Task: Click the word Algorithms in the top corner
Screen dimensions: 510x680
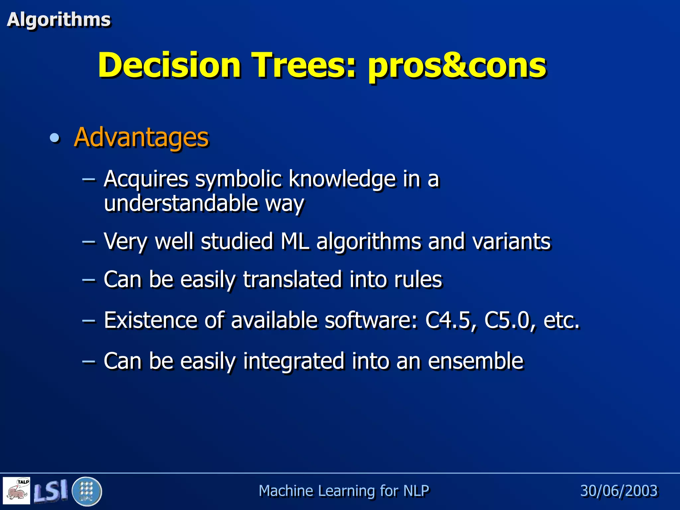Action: click(58, 20)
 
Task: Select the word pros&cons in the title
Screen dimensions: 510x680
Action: click(457, 66)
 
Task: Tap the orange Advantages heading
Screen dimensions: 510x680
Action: click(141, 137)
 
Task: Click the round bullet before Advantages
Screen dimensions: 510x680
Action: click(54, 137)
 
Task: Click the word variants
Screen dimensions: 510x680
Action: click(511, 241)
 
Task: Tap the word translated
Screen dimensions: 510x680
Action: click(292, 280)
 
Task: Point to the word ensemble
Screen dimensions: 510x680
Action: click(475, 361)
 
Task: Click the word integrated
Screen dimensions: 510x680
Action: click(294, 361)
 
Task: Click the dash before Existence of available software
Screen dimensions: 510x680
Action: click(89, 321)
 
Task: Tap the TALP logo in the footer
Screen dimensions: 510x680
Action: click(17, 490)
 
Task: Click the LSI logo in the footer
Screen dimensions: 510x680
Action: click(50, 490)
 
